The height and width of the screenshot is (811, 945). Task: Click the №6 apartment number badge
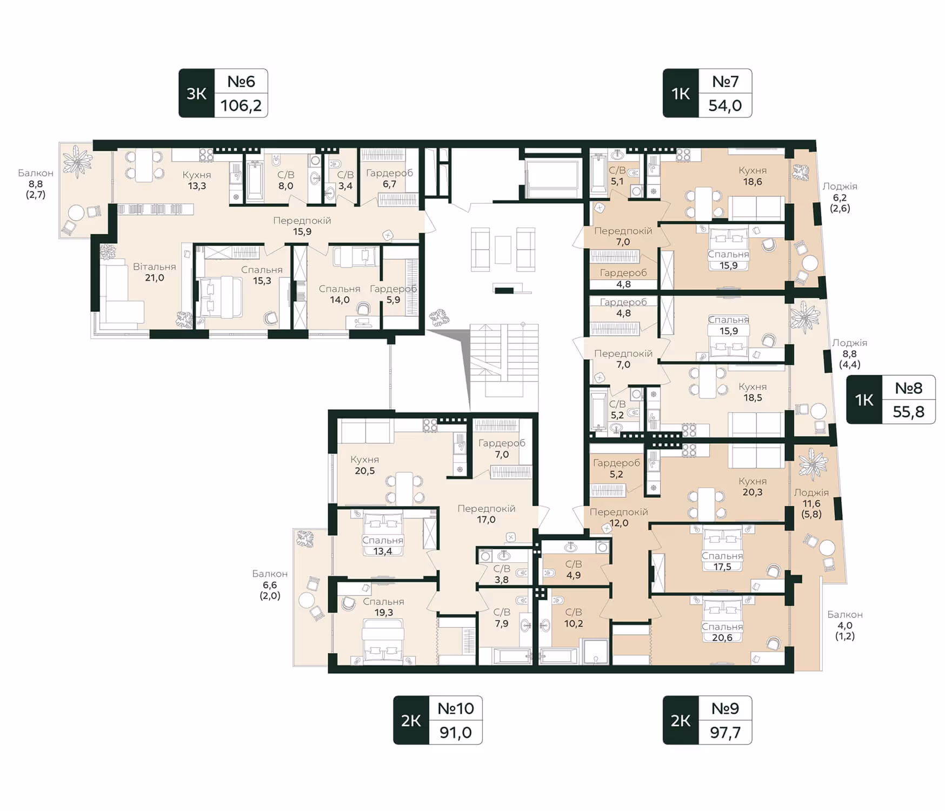pyautogui.click(x=241, y=82)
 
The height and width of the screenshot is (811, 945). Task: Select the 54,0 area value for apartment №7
pyautogui.click(x=725, y=105)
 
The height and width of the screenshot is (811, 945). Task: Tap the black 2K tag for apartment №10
pyautogui.click(x=411, y=720)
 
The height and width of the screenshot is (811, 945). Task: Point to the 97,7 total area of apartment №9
pyautogui.click(x=725, y=733)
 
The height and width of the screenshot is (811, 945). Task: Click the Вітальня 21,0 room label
pyautogui.click(x=155, y=272)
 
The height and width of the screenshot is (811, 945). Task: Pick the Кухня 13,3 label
pyautogui.click(x=197, y=180)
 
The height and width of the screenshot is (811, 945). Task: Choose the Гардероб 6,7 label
pyautogui.click(x=389, y=178)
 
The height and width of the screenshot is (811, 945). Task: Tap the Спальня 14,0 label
pyautogui.click(x=340, y=294)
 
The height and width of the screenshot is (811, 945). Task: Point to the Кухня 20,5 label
pyautogui.click(x=365, y=465)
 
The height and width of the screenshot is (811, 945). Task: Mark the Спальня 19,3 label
pyautogui.click(x=383, y=607)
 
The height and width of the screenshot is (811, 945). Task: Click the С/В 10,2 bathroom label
pyautogui.click(x=574, y=617)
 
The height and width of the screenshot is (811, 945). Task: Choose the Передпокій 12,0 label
pyautogui.click(x=619, y=517)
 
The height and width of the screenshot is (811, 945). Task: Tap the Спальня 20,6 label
pyautogui.click(x=722, y=632)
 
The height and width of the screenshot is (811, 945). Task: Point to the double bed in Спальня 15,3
pyautogui.click(x=220, y=297)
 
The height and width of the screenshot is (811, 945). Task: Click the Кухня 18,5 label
pyautogui.click(x=753, y=392)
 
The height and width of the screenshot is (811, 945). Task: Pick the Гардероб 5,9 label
pyautogui.click(x=394, y=294)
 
